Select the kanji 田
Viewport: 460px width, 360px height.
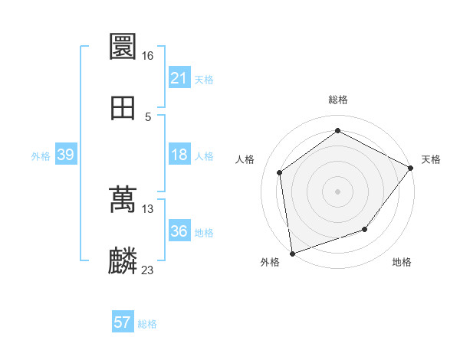point(123,108)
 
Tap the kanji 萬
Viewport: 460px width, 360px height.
point(123,200)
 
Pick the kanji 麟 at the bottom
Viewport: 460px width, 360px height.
point(123,261)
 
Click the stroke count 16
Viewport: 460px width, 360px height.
point(147,56)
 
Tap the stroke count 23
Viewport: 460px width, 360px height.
point(148,270)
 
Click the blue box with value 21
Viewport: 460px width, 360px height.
point(179,77)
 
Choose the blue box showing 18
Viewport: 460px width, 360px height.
point(179,155)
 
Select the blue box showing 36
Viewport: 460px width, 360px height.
point(179,231)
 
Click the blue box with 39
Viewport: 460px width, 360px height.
point(65,155)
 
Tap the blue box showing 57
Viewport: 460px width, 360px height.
point(123,323)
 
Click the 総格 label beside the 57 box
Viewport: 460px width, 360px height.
point(147,324)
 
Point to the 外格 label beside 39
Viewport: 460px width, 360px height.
point(41,155)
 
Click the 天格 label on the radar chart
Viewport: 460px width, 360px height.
point(431,159)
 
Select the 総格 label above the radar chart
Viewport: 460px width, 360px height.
point(338,100)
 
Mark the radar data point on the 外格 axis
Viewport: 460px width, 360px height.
point(292,253)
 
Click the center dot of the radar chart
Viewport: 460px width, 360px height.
point(338,191)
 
